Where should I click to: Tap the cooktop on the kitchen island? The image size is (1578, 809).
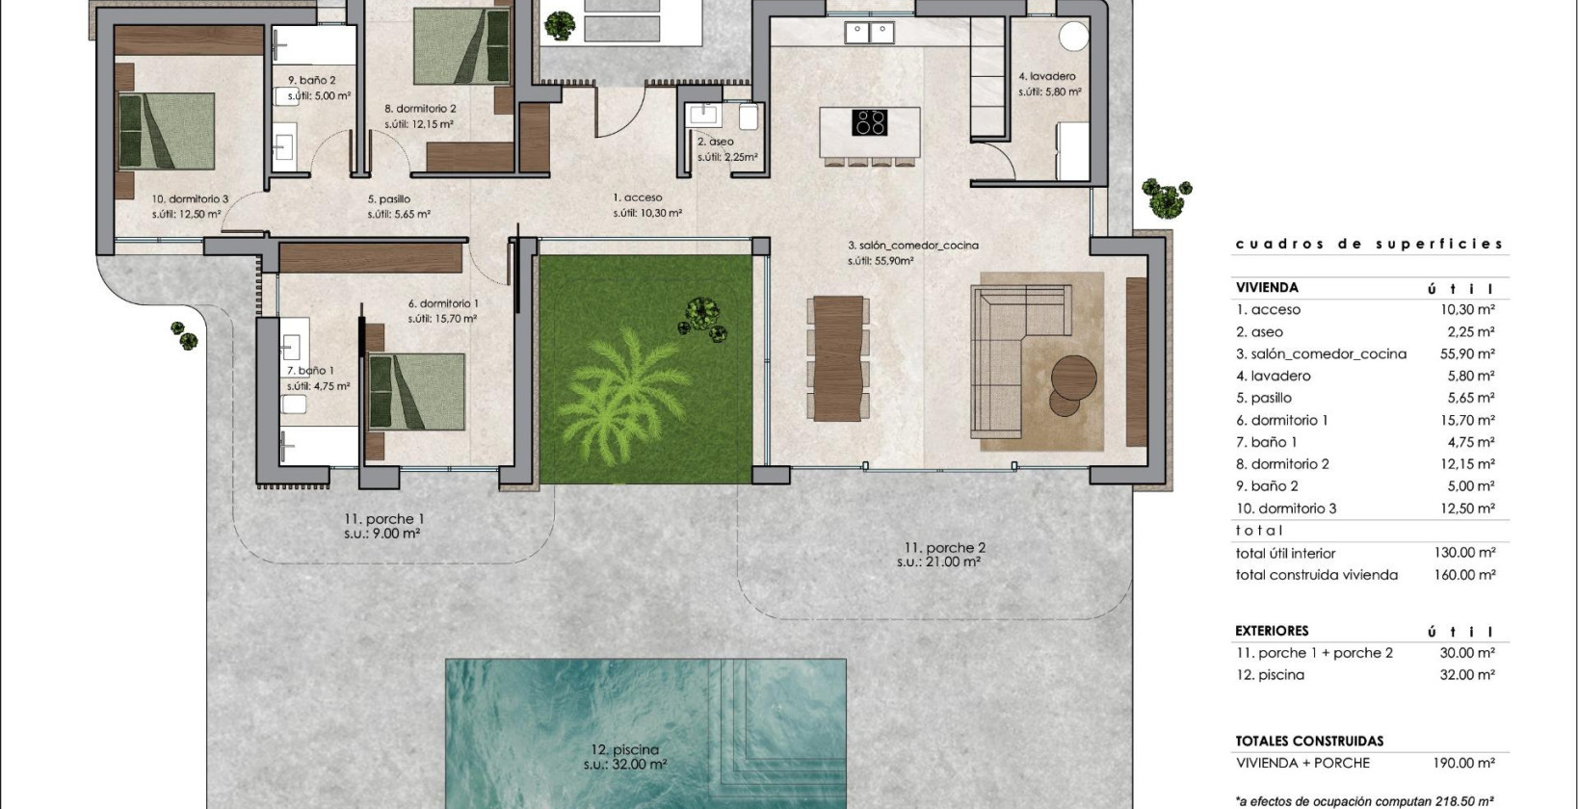point(870,123)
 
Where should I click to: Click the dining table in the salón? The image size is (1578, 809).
point(838,357)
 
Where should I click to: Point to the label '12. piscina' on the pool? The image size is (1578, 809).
point(624,749)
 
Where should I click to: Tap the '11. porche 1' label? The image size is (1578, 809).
point(383,519)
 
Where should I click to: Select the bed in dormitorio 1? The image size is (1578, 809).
point(416,391)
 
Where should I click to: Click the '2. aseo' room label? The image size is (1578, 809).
point(716,142)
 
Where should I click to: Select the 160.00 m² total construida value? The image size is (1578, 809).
point(1464,575)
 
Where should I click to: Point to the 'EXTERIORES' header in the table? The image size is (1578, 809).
point(1272,631)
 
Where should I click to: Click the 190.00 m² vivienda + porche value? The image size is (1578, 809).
point(1464,763)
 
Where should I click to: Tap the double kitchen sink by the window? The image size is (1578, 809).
point(869,33)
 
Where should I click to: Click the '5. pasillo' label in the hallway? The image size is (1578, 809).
point(388,200)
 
